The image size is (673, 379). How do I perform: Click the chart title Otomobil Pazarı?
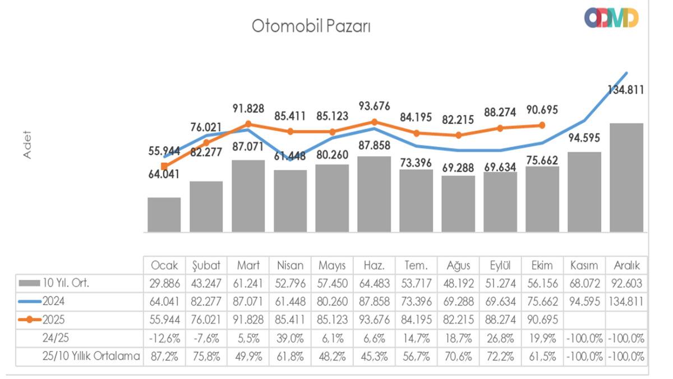click(311, 26)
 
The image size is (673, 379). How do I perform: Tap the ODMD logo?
click(611, 19)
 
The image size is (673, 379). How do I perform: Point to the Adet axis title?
click(27, 145)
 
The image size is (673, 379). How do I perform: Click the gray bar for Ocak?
click(164, 214)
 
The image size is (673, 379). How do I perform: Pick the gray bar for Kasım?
click(584, 191)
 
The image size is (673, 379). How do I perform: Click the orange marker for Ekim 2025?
click(542, 126)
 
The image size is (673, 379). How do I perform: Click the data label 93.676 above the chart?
click(375, 106)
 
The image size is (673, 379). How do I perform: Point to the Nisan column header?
click(291, 266)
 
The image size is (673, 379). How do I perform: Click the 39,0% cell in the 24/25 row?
click(291, 339)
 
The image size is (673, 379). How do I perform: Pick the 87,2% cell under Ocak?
click(164, 357)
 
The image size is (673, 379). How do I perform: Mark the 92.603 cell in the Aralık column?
click(626, 284)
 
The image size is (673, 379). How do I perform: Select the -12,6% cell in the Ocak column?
click(164, 339)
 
